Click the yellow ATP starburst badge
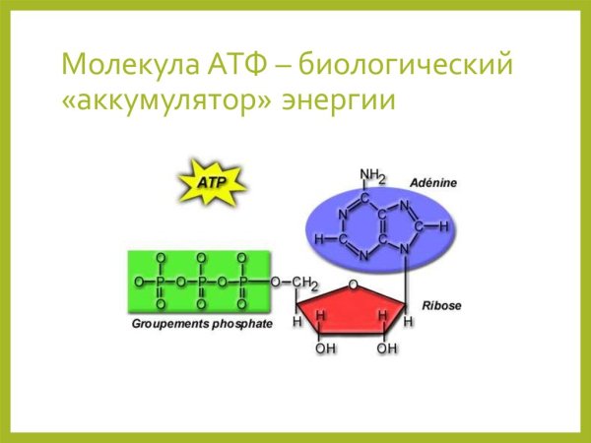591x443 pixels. [x=211, y=184]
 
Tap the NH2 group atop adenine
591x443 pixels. [x=372, y=176]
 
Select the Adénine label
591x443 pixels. [x=434, y=183]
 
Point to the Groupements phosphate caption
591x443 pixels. [x=202, y=323]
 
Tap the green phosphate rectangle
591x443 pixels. [x=197, y=282]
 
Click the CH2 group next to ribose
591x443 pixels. [x=304, y=284]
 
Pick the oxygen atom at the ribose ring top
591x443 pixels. [x=353, y=286]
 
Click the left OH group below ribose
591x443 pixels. [x=325, y=348]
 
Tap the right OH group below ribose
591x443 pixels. [x=387, y=348]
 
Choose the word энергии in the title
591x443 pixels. [x=339, y=101]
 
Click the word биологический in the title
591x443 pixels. [x=407, y=66]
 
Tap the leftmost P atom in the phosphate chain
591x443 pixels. [x=162, y=282]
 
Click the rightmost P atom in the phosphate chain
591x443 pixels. [x=242, y=282]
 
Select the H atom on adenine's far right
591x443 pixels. [x=444, y=225]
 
